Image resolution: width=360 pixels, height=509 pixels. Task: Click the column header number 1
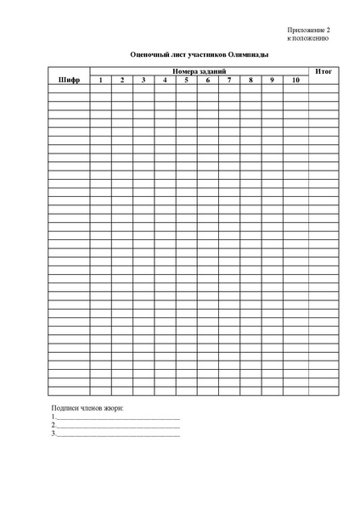pos(100,80)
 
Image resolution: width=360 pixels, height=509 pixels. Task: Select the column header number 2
pos(121,80)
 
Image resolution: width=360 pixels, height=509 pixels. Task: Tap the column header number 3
pos(143,80)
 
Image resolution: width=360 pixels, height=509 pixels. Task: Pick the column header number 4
pos(165,80)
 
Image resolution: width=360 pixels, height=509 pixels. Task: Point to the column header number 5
pos(186,80)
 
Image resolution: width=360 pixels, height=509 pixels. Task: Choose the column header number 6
pos(207,80)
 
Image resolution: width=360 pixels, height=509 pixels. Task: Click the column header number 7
pos(229,80)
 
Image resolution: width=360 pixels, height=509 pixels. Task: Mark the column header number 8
pos(250,80)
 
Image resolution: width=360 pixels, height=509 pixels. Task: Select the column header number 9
pos(272,80)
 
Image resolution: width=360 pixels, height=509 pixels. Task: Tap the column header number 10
pos(295,80)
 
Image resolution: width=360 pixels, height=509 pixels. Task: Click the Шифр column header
pos(69,80)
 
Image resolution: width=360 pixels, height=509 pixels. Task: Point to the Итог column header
pos(323,71)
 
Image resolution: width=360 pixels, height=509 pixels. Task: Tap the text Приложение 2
pos(308,30)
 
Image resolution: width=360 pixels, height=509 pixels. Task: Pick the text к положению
pos(308,38)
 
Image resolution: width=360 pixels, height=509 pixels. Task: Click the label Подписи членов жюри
pos(88,409)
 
